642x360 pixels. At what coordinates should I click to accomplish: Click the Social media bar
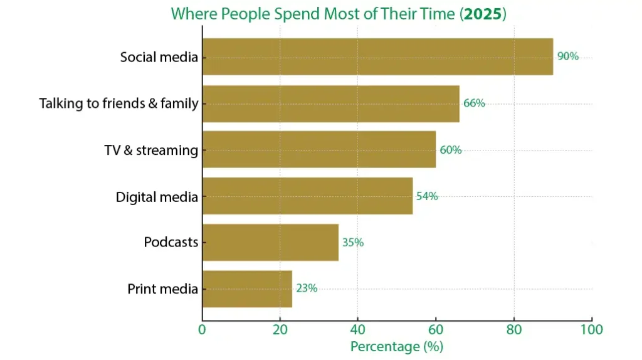click(377, 56)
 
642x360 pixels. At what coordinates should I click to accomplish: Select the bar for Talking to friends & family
click(330, 103)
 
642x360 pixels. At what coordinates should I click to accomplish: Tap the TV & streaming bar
click(318, 150)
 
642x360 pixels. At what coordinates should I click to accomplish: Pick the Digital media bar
click(307, 196)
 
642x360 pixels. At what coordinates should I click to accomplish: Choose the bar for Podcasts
click(270, 242)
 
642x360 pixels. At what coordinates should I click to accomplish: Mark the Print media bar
click(247, 289)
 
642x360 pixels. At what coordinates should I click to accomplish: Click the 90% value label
click(567, 56)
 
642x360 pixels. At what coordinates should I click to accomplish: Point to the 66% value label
click(474, 103)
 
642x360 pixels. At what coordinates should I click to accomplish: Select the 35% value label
click(352, 242)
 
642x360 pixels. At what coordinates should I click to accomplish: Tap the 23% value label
click(307, 289)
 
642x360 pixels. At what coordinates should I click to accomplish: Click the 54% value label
click(427, 196)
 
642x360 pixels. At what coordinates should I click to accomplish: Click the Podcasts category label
click(171, 242)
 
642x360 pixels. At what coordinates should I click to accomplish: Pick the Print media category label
click(162, 289)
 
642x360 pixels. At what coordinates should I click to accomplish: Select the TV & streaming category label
click(150, 151)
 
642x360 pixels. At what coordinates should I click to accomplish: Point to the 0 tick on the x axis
click(202, 329)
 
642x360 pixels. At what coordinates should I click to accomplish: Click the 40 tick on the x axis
click(357, 329)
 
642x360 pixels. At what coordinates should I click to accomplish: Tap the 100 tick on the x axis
click(591, 329)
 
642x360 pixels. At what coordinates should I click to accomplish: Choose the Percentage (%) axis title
click(396, 346)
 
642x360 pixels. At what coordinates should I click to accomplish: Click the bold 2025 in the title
click(482, 13)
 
